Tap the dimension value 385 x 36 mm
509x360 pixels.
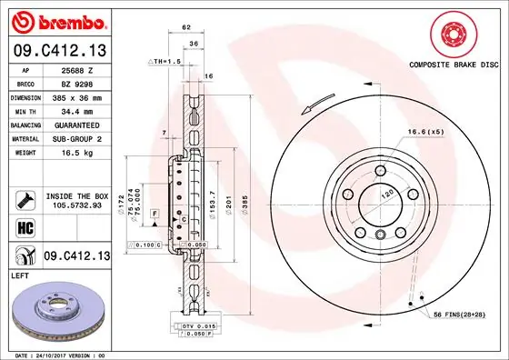click(77, 96)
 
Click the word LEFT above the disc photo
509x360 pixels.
click(19, 274)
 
